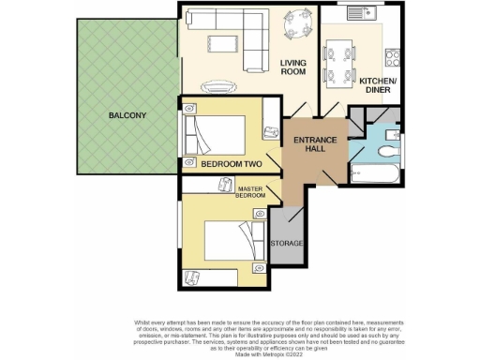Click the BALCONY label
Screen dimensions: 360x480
click(127, 115)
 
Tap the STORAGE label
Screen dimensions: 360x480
click(286, 244)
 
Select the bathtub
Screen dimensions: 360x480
click(375, 174)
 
